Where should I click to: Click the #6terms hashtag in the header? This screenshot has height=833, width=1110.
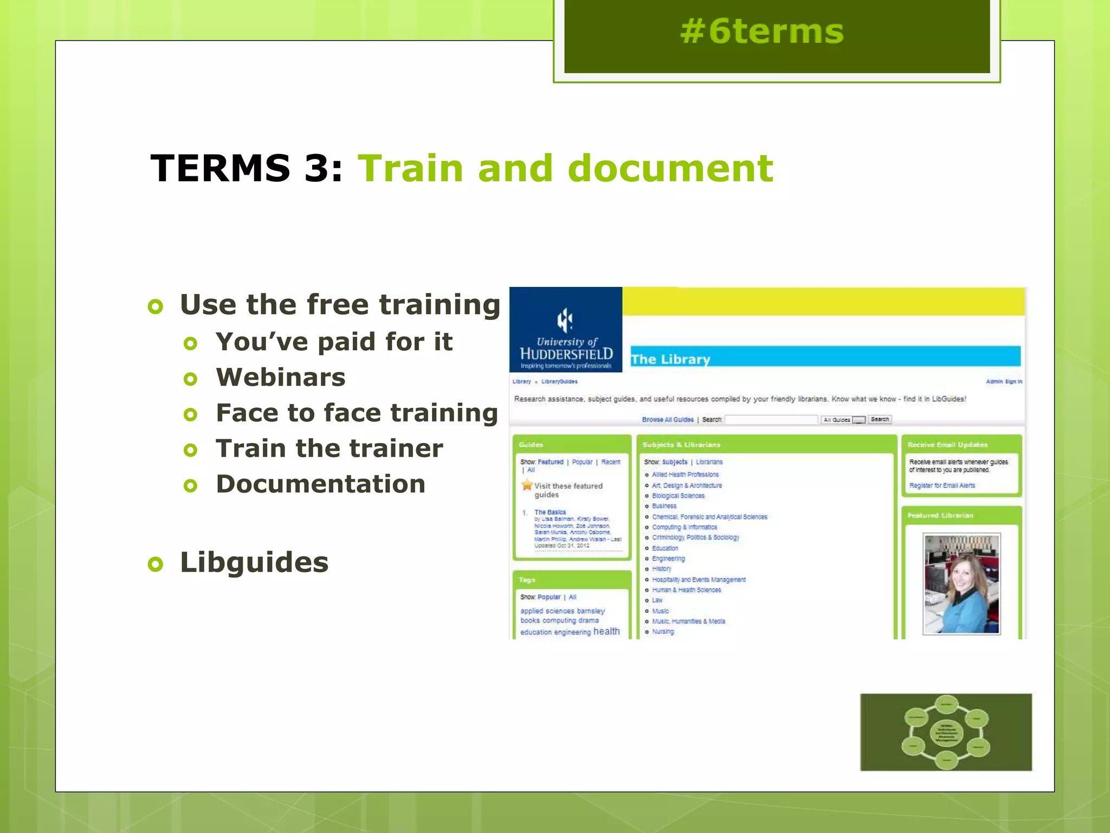(761, 31)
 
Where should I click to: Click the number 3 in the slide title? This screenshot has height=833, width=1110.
(316, 168)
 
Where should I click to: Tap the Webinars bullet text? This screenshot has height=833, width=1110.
(280, 377)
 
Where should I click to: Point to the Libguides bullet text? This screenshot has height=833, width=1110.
(254, 562)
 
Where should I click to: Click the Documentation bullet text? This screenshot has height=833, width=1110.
(320, 484)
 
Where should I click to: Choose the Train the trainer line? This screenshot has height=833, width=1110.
(329, 448)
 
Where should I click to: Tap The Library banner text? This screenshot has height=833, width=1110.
(670, 359)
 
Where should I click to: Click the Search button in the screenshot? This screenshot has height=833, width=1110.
(879, 419)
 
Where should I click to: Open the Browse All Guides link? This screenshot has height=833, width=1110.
(667, 420)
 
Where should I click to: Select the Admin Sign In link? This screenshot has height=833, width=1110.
(1004, 382)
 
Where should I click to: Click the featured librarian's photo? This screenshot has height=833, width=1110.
(961, 584)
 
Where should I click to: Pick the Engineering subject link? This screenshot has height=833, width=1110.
(668, 559)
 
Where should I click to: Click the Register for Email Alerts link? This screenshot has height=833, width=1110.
(942, 486)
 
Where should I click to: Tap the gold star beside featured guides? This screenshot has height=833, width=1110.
(527, 485)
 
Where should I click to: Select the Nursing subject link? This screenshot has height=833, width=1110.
(663, 632)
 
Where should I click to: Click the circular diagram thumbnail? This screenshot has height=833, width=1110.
(946, 732)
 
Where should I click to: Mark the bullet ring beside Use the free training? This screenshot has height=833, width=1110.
(156, 306)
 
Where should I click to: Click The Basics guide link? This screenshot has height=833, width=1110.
(550, 512)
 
